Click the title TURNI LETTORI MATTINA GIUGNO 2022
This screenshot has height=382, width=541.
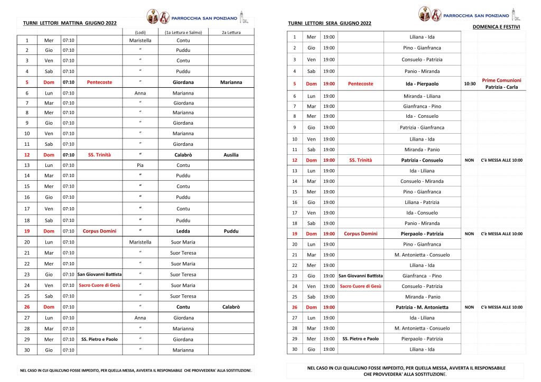(69, 23)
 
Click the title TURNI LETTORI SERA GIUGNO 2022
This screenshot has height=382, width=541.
(330, 23)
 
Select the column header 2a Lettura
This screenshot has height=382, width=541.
(231, 33)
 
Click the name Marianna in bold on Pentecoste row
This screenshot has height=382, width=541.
(231, 82)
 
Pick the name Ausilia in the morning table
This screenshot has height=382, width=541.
(231, 155)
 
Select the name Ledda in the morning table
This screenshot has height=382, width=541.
(183, 231)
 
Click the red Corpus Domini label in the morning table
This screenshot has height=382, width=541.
(99, 231)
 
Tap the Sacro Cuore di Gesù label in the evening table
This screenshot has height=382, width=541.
(360, 286)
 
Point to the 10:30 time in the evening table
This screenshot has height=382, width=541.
(470, 83)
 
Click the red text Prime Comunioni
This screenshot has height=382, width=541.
(501, 80)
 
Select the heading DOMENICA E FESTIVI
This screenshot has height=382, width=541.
(496, 26)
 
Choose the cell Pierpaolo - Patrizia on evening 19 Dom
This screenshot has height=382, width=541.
(422, 234)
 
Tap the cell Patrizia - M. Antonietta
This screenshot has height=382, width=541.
(422, 307)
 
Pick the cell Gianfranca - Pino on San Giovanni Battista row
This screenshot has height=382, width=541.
(422, 276)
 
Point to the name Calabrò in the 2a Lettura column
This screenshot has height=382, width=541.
(231, 307)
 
